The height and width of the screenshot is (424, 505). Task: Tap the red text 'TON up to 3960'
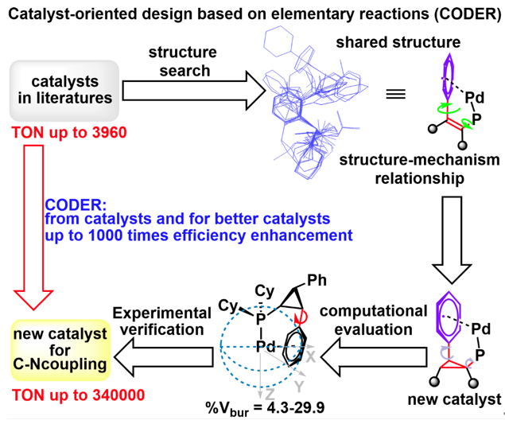click(x=60, y=131)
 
